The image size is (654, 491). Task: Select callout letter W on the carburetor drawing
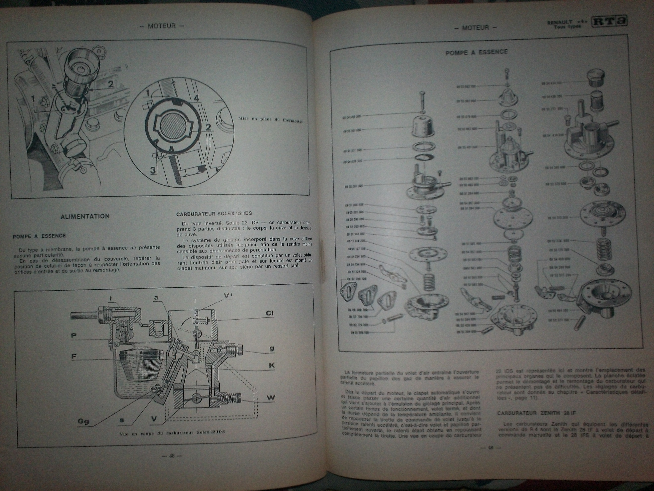pos(270,398)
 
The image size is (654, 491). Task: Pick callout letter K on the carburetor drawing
pos(271,365)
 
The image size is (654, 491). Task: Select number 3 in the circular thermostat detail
pos(153,170)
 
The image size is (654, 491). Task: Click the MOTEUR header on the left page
pos(162,26)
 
